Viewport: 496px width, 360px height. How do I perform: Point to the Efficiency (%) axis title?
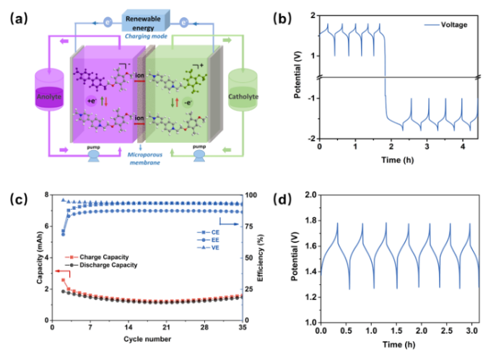[x=268, y=258]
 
